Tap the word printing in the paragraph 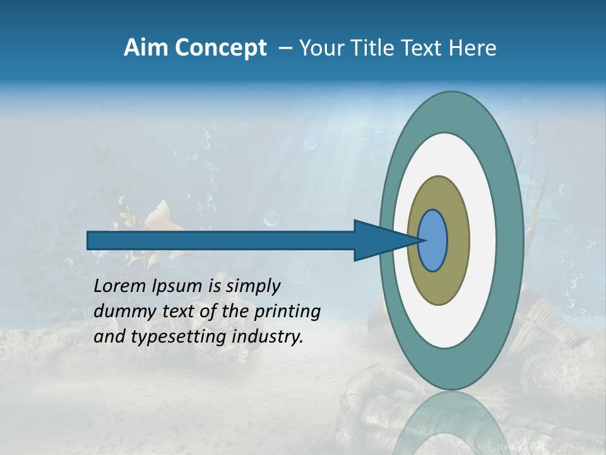coord(287,312)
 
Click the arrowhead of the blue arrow coord(379,240)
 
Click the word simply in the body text coord(252,286)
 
